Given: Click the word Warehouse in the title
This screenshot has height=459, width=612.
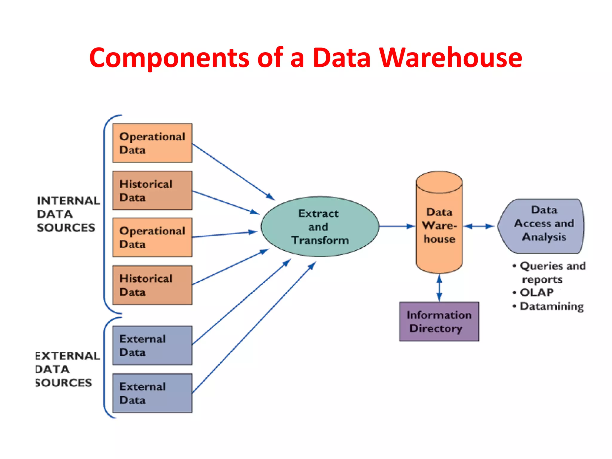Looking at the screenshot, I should pyautogui.click(x=451, y=57).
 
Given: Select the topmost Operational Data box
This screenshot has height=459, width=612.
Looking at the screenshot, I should pyautogui.click(x=152, y=143).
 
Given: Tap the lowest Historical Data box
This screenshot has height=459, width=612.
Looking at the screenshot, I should pyautogui.click(x=152, y=285).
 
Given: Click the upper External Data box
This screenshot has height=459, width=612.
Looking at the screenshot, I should pyautogui.click(x=152, y=345).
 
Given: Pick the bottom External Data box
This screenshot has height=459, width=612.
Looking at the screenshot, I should pyautogui.click(x=152, y=393).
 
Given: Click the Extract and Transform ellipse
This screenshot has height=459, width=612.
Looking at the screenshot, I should pyautogui.click(x=320, y=227).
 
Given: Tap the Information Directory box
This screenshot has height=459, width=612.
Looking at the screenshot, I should pyautogui.click(x=439, y=322).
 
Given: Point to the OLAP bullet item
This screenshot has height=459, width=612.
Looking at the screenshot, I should pyautogui.click(x=536, y=293).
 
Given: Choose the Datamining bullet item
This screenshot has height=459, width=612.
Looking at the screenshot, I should pyautogui.click(x=551, y=306).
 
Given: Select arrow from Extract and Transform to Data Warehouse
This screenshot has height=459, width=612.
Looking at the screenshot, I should pyautogui.click(x=397, y=226).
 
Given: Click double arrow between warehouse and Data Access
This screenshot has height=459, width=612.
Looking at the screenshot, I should pyautogui.click(x=479, y=226).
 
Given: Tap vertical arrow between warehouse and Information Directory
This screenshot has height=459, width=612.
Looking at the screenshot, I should pyautogui.click(x=439, y=288).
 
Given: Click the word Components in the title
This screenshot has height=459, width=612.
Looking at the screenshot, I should pyautogui.click(x=169, y=57).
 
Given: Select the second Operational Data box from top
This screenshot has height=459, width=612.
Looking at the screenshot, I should pyautogui.click(x=152, y=237).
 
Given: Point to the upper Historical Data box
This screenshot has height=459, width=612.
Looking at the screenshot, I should pyautogui.click(x=152, y=190).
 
